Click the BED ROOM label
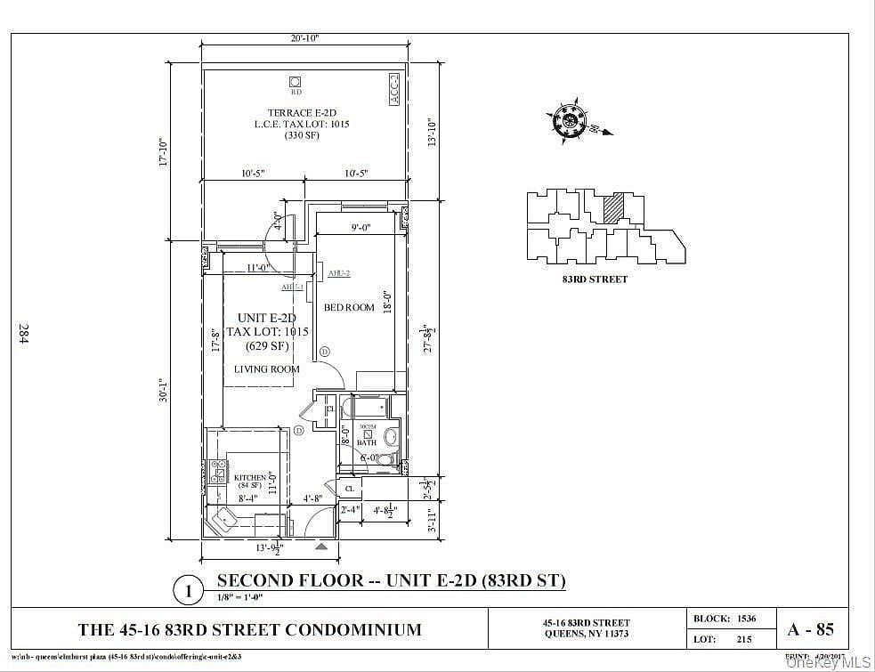349,308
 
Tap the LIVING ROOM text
266,368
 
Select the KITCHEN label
249,478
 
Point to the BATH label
367,441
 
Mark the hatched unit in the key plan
612,209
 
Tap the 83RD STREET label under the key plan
595,279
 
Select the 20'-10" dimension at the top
304,38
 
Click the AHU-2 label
338,273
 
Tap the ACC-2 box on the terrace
394,90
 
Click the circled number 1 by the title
188,589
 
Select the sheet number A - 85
810,629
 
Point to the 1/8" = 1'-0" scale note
243,597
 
